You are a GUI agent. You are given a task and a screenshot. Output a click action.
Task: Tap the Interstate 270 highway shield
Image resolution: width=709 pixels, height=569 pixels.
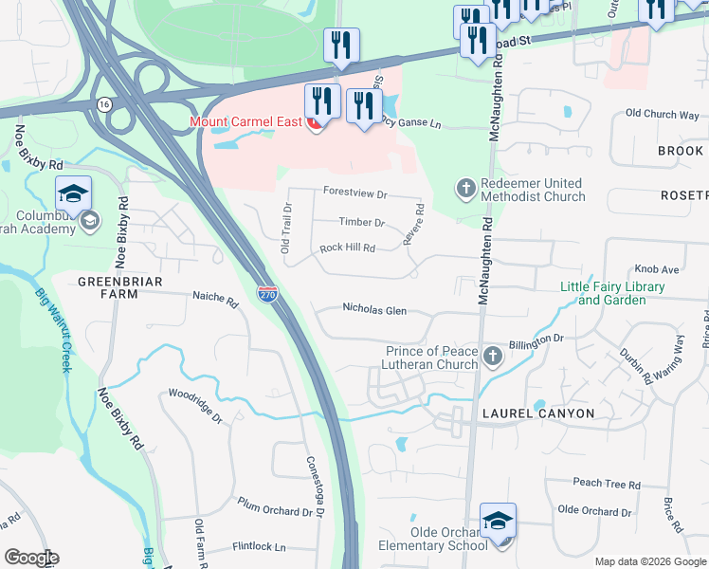267,295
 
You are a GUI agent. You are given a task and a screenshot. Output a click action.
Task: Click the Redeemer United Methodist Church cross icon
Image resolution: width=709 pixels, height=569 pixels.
465,189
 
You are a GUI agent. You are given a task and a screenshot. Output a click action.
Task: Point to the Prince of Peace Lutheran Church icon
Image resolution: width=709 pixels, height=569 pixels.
492,357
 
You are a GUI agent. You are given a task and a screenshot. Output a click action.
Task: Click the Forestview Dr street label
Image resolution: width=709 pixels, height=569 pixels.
355,194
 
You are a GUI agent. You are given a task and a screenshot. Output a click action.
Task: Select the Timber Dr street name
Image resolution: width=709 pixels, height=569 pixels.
361,223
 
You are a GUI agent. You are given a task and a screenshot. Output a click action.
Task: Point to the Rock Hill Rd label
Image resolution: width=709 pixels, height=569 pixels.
348,248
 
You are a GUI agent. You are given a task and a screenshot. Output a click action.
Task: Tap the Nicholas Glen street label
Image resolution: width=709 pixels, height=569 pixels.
374,309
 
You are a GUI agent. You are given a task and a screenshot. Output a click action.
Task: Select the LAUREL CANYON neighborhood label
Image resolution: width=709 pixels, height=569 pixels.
537,413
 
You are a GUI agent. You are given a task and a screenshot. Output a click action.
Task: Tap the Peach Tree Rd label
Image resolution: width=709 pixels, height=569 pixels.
607,484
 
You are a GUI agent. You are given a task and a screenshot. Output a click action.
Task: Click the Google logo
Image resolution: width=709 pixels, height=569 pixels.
31,558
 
